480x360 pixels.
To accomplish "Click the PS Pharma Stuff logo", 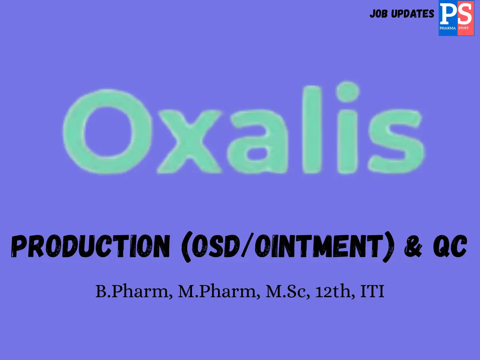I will [456, 19].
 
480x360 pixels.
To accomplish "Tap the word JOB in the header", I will [379, 14].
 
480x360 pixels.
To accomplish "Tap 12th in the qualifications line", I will [332, 292].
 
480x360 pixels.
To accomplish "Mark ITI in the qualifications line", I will [372, 292].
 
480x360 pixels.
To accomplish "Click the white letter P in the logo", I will [448, 15].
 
